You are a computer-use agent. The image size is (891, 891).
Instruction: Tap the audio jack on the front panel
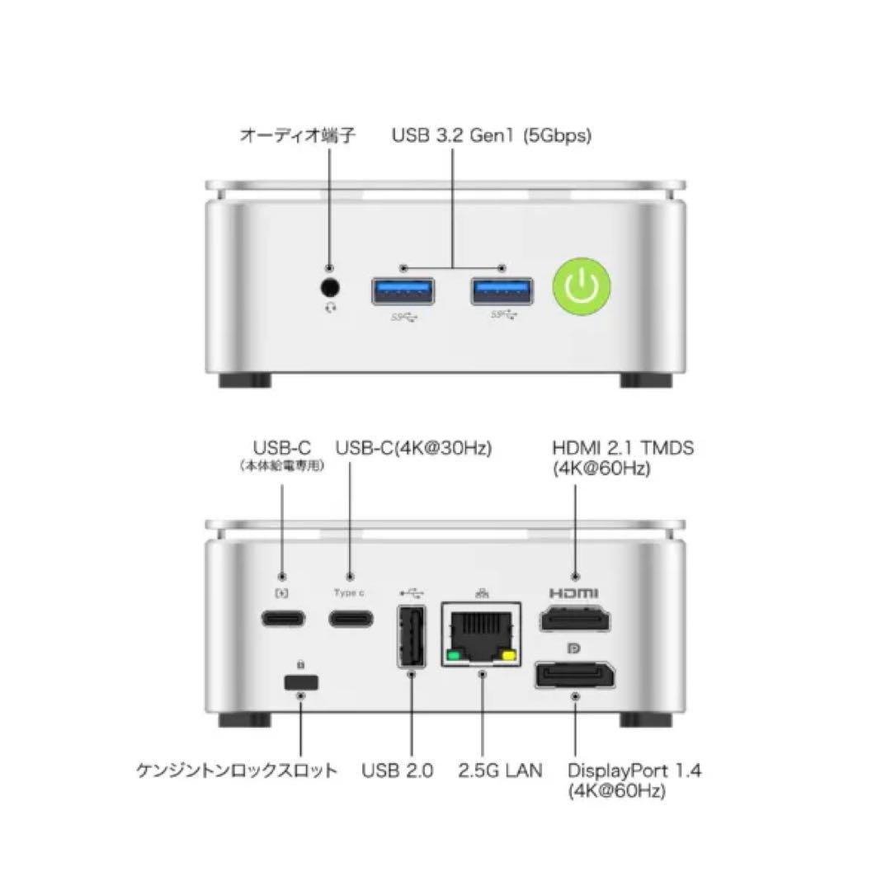click(x=330, y=289)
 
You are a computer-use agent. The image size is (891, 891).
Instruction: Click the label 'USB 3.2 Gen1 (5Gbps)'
click(x=491, y=136)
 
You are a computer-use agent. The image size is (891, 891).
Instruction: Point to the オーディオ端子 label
click(x=297, y=136)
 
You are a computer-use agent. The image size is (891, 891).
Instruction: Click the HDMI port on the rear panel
click(x=575, y=619)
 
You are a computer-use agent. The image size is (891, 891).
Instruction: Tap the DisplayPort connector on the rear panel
click(x=575, y=675)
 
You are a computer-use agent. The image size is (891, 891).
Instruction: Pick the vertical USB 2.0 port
click(x=411, y=636)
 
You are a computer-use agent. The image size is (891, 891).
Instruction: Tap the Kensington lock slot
click(x=300, y=682)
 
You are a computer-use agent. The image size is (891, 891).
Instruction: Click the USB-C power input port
click(x=283, y=618)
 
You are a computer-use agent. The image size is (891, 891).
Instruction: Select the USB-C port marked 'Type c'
click(x=350, y=618)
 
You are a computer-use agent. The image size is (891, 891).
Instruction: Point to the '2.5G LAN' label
click(x=500, y=771)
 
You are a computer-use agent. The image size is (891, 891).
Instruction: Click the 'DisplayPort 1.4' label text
click(x=634, y=771)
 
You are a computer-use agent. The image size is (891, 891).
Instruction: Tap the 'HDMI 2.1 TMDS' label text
click(x=623, y=448)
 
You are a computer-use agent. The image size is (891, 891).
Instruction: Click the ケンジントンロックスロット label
click(x=237, y=771)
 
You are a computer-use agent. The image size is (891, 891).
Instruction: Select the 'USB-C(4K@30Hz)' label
click(x=413, y=448)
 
